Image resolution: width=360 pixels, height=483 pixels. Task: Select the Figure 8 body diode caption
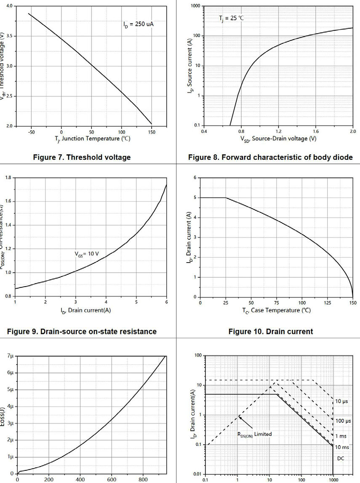270,158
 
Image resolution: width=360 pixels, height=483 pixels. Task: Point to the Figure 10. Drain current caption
271,332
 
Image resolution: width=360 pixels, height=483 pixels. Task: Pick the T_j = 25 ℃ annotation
231,18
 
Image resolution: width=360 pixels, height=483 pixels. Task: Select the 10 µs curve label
341,401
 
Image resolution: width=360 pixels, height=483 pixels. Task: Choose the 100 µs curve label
342,421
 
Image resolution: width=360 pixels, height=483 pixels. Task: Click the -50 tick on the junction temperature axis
31,132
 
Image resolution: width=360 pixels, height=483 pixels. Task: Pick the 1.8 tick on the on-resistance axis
8,178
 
